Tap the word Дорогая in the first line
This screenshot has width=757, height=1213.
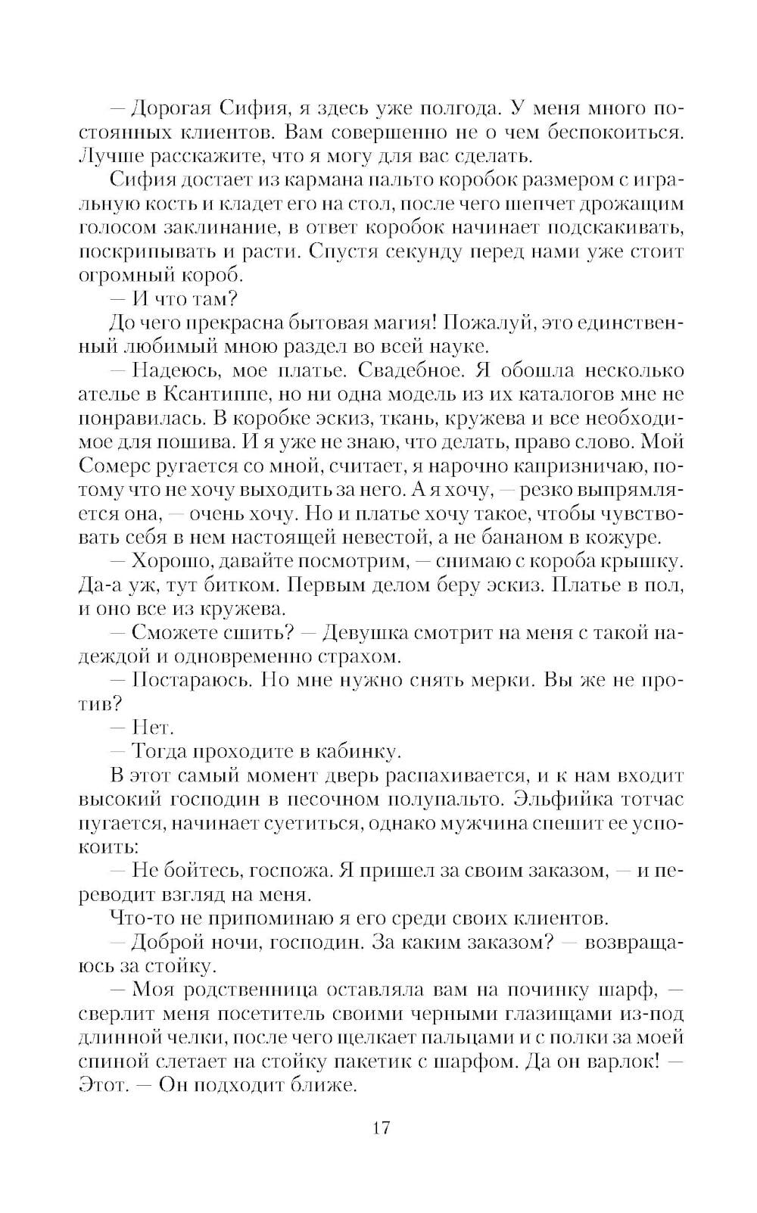tap(167, 108)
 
